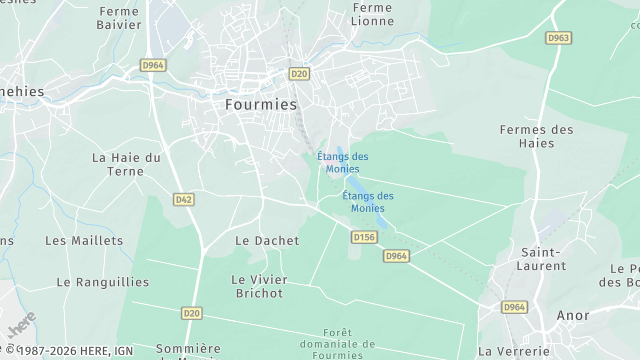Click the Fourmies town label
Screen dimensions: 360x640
[255, 104]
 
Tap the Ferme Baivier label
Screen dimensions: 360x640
[119, 19]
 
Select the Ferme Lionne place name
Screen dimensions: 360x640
[373, 15]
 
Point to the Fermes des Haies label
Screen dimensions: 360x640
[537, 137]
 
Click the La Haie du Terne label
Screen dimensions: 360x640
[126, 164]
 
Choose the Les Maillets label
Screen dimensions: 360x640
[84, 240]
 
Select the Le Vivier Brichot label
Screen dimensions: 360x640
[257, 286]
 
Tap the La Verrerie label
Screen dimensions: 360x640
[513, 351]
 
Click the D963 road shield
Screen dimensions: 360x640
[559, 38]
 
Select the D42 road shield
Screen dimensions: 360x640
[183, 199]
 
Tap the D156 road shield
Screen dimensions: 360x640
[364, 237]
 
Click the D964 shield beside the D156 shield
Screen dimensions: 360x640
[397, 256]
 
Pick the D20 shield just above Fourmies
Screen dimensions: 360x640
[298, 73]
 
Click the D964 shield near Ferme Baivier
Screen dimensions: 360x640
[153, 64]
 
